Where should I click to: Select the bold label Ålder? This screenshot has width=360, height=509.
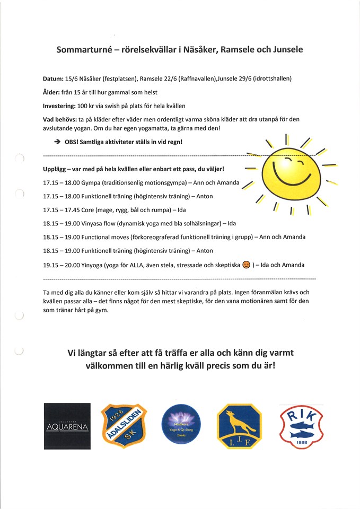pyautogui.click(x=53, y=92)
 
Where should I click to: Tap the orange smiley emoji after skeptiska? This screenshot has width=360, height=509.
pyautogui.click(x=245, y=265)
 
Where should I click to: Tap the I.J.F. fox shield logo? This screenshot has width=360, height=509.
pyautogui.click(x=239, y=426)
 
